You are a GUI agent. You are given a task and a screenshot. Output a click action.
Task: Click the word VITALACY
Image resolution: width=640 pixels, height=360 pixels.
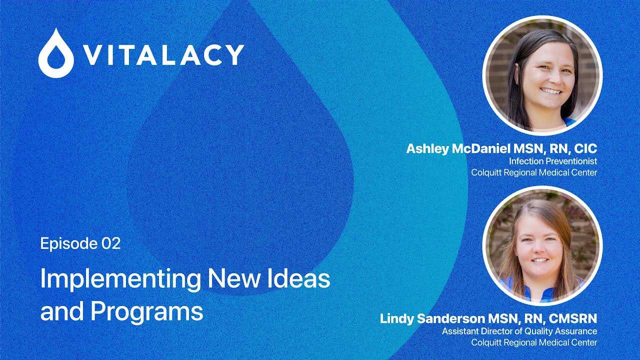pos(162,55)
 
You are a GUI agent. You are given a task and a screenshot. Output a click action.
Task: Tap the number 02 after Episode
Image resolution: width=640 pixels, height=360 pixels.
pos(111,243)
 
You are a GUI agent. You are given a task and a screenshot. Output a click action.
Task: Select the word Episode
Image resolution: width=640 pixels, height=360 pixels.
pos(69,243)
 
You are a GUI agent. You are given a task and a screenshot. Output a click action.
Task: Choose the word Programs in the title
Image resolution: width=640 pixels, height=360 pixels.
pos(147,312)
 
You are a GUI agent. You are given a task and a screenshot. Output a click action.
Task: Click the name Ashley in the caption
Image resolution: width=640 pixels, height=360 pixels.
pos(427,149)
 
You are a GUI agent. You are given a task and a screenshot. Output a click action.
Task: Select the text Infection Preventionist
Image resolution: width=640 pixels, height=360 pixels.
pos(553,161)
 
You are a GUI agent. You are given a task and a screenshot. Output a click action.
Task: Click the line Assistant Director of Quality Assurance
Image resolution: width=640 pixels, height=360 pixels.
pos(519,331)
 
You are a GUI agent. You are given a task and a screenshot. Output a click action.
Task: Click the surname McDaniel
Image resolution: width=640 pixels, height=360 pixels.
pos(481,148)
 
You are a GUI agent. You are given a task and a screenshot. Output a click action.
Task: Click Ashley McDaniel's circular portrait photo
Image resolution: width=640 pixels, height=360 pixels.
pos(542,75)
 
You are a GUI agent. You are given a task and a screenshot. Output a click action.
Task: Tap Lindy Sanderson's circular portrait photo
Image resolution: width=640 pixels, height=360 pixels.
pos(542,246)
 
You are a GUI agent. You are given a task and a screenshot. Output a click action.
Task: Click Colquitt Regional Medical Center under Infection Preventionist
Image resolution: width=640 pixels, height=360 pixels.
pos(534,172)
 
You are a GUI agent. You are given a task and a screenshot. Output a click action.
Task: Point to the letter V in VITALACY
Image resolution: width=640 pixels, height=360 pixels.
pos(91,55)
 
